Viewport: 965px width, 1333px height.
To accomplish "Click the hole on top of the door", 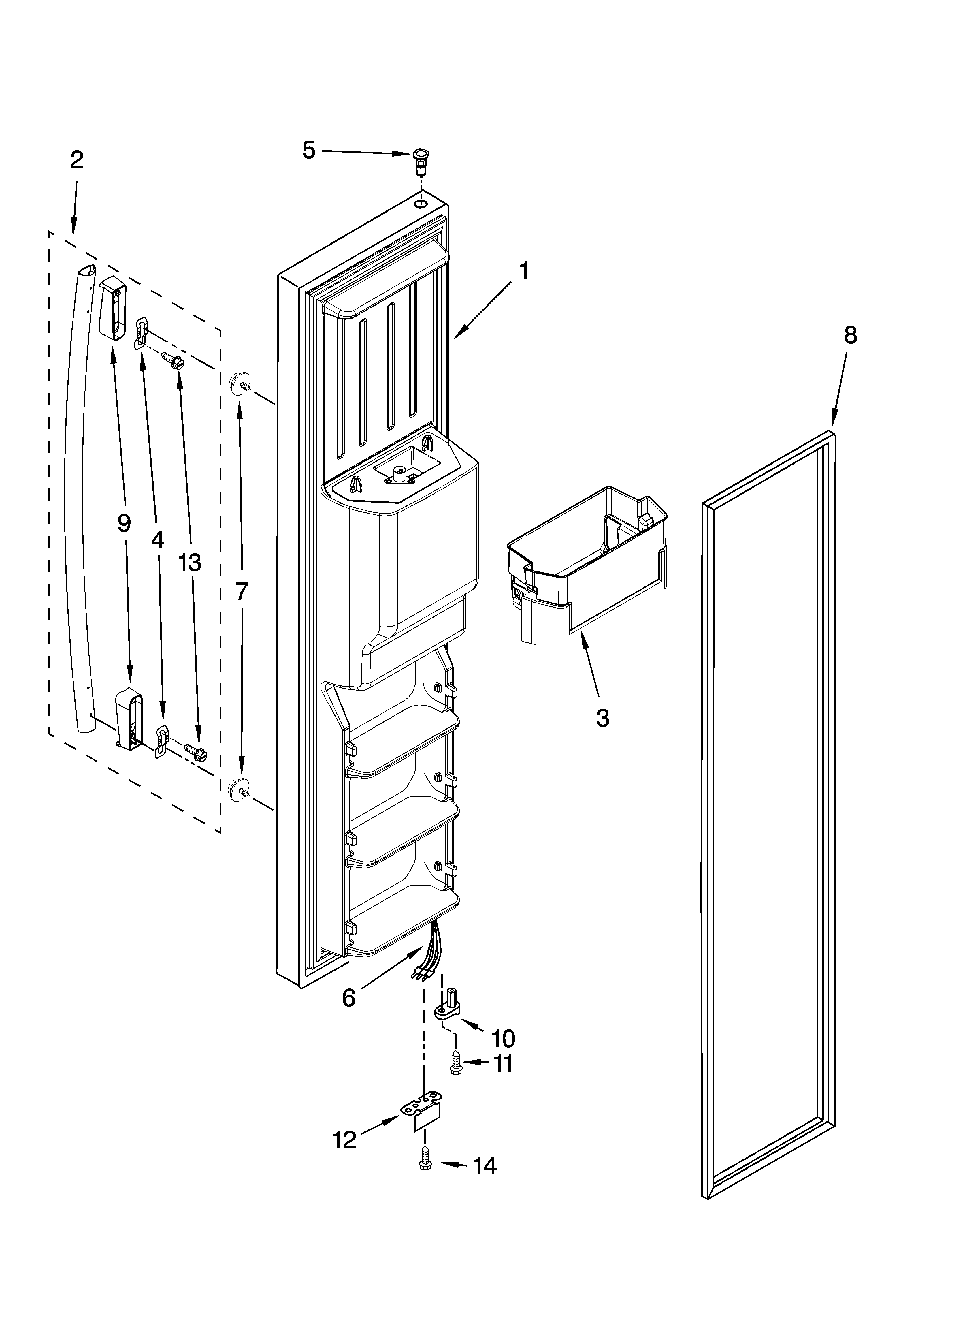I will [x=421, y=204].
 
